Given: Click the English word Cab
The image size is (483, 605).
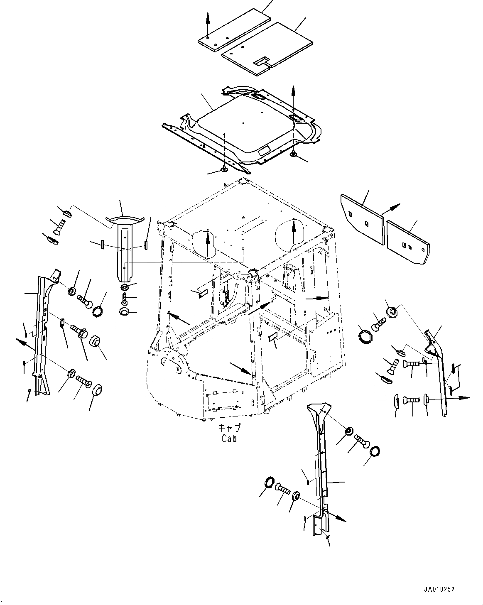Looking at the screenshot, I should [x=229, y=438].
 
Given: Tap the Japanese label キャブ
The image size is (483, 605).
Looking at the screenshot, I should [x=229, y=428].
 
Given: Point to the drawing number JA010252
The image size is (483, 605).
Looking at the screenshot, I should [x=439, y=589].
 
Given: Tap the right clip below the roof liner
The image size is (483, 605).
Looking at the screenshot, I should [x=294, y=154].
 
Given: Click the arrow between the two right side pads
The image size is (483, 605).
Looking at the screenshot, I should [x=391, y=209].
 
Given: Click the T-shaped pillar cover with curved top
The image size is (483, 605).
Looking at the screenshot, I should [x=125, y=245].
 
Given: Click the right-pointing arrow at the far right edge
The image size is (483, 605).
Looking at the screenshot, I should [x=461, y=398].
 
